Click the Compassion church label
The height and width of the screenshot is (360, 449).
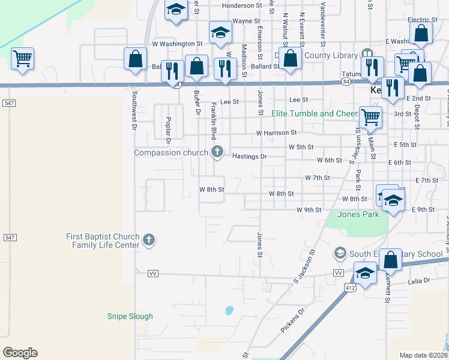[170, 152]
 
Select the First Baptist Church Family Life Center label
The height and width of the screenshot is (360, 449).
[103, 241]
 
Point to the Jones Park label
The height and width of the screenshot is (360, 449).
[358, 214]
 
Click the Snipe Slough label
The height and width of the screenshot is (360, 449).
[130, 316]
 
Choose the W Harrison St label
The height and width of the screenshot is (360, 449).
[276, 133]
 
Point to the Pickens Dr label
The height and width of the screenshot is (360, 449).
[293, 321]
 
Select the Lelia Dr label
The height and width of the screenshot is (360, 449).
[418, 280]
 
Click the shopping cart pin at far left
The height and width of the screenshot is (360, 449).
[23, 59]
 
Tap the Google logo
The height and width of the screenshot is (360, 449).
[20, 353]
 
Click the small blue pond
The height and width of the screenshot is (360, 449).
[229, 311]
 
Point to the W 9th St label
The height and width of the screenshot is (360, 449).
[309, 210]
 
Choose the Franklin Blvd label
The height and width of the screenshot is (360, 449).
[213, 119]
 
